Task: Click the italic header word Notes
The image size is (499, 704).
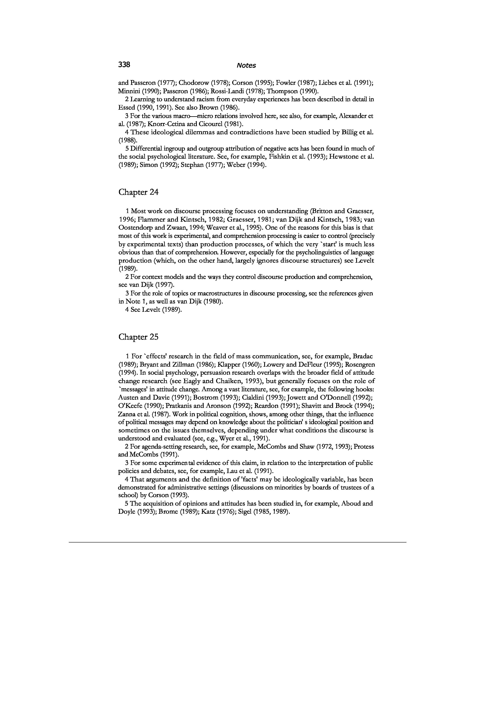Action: click(x=246, y=65)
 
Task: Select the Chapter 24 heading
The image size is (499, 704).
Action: click(x=139, y=192)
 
